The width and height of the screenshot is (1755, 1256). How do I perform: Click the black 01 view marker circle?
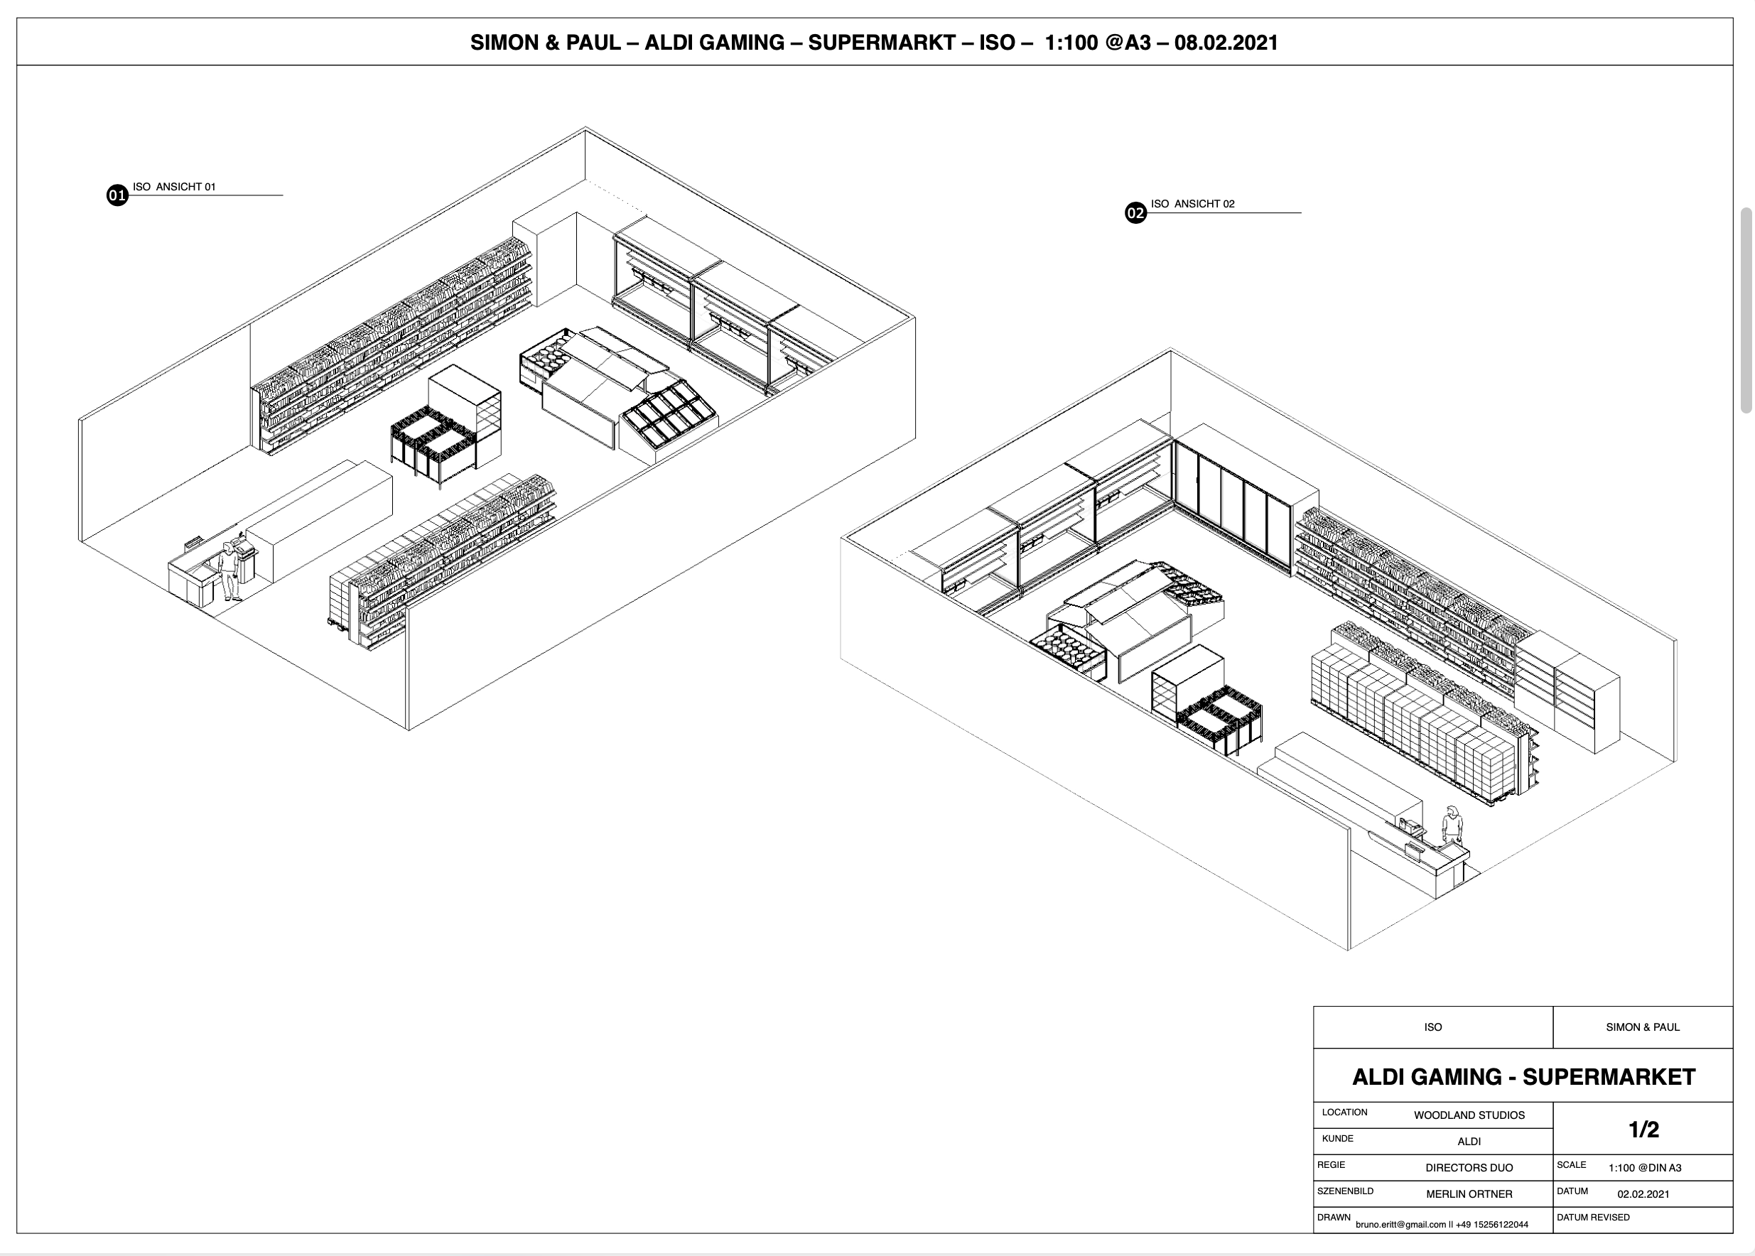tap(117, 195)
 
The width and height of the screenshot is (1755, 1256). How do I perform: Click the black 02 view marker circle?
tap(1135, 212)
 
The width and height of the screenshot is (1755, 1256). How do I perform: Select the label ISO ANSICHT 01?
tap(174, 186)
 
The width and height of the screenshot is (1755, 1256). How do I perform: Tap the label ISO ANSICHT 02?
tap(1193, 203)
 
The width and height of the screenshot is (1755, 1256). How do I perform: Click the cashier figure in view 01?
tap(229, 570)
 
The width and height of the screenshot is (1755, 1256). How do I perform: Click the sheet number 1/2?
tap(1643, 1130)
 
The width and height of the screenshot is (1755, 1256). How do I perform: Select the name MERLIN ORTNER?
tap(1469, 1194)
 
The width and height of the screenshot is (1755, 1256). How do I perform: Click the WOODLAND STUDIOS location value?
tap(1469, 1115)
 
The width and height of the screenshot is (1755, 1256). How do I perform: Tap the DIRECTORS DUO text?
tap(1469, 1168)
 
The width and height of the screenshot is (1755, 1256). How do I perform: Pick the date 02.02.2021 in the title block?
tap(1643, 1194)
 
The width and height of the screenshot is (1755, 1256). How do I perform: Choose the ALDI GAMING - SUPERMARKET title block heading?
tap(1523, 1076)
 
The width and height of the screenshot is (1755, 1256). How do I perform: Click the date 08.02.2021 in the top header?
tap(1226, 43)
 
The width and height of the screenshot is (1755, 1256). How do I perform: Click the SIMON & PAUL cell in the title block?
tap(1642, 1027)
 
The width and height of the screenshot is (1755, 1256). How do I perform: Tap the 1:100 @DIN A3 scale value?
tap(1644, 1168)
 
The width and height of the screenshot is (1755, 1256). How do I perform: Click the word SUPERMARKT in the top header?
tap(882, 43)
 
